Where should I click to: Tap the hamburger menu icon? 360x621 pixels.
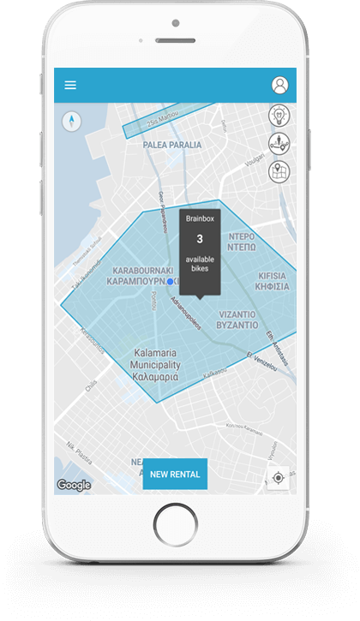(x=70, y=85)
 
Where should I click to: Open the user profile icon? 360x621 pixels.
(x=279, y=85)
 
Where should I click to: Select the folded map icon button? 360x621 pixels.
(x=280, y=171)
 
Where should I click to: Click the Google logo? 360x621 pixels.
(x=74, y=485)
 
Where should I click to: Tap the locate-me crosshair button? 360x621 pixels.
(x=279, y=477)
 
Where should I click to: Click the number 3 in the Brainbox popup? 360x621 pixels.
(x=200, y=239)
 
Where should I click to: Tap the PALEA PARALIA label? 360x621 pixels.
(x=172, y=145)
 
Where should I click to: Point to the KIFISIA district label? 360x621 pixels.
(x=273, y=281)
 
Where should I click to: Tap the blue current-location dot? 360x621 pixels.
(x=171, y=281)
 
